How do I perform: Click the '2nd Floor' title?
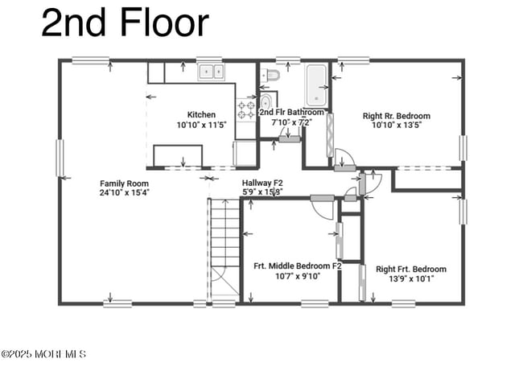(125, 23)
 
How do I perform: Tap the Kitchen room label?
(201, 114)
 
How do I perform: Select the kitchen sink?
(212, 72)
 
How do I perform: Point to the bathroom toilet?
(272, 76)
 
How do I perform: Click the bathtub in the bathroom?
(315, 86)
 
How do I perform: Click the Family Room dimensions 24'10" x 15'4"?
(124, 193)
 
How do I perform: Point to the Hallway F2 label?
(262, 183)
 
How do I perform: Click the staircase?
(224, 245)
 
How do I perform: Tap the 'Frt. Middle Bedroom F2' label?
(298, 266)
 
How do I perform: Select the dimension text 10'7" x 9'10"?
(298, 276)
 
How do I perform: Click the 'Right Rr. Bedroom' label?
(397, 115)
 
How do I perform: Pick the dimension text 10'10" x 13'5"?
(397, 125)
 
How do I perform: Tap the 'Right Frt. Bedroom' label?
(410, 269)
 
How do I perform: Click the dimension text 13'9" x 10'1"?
(410, 279)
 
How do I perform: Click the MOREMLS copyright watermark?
(43, 354)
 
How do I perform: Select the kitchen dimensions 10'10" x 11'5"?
(201, 125)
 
